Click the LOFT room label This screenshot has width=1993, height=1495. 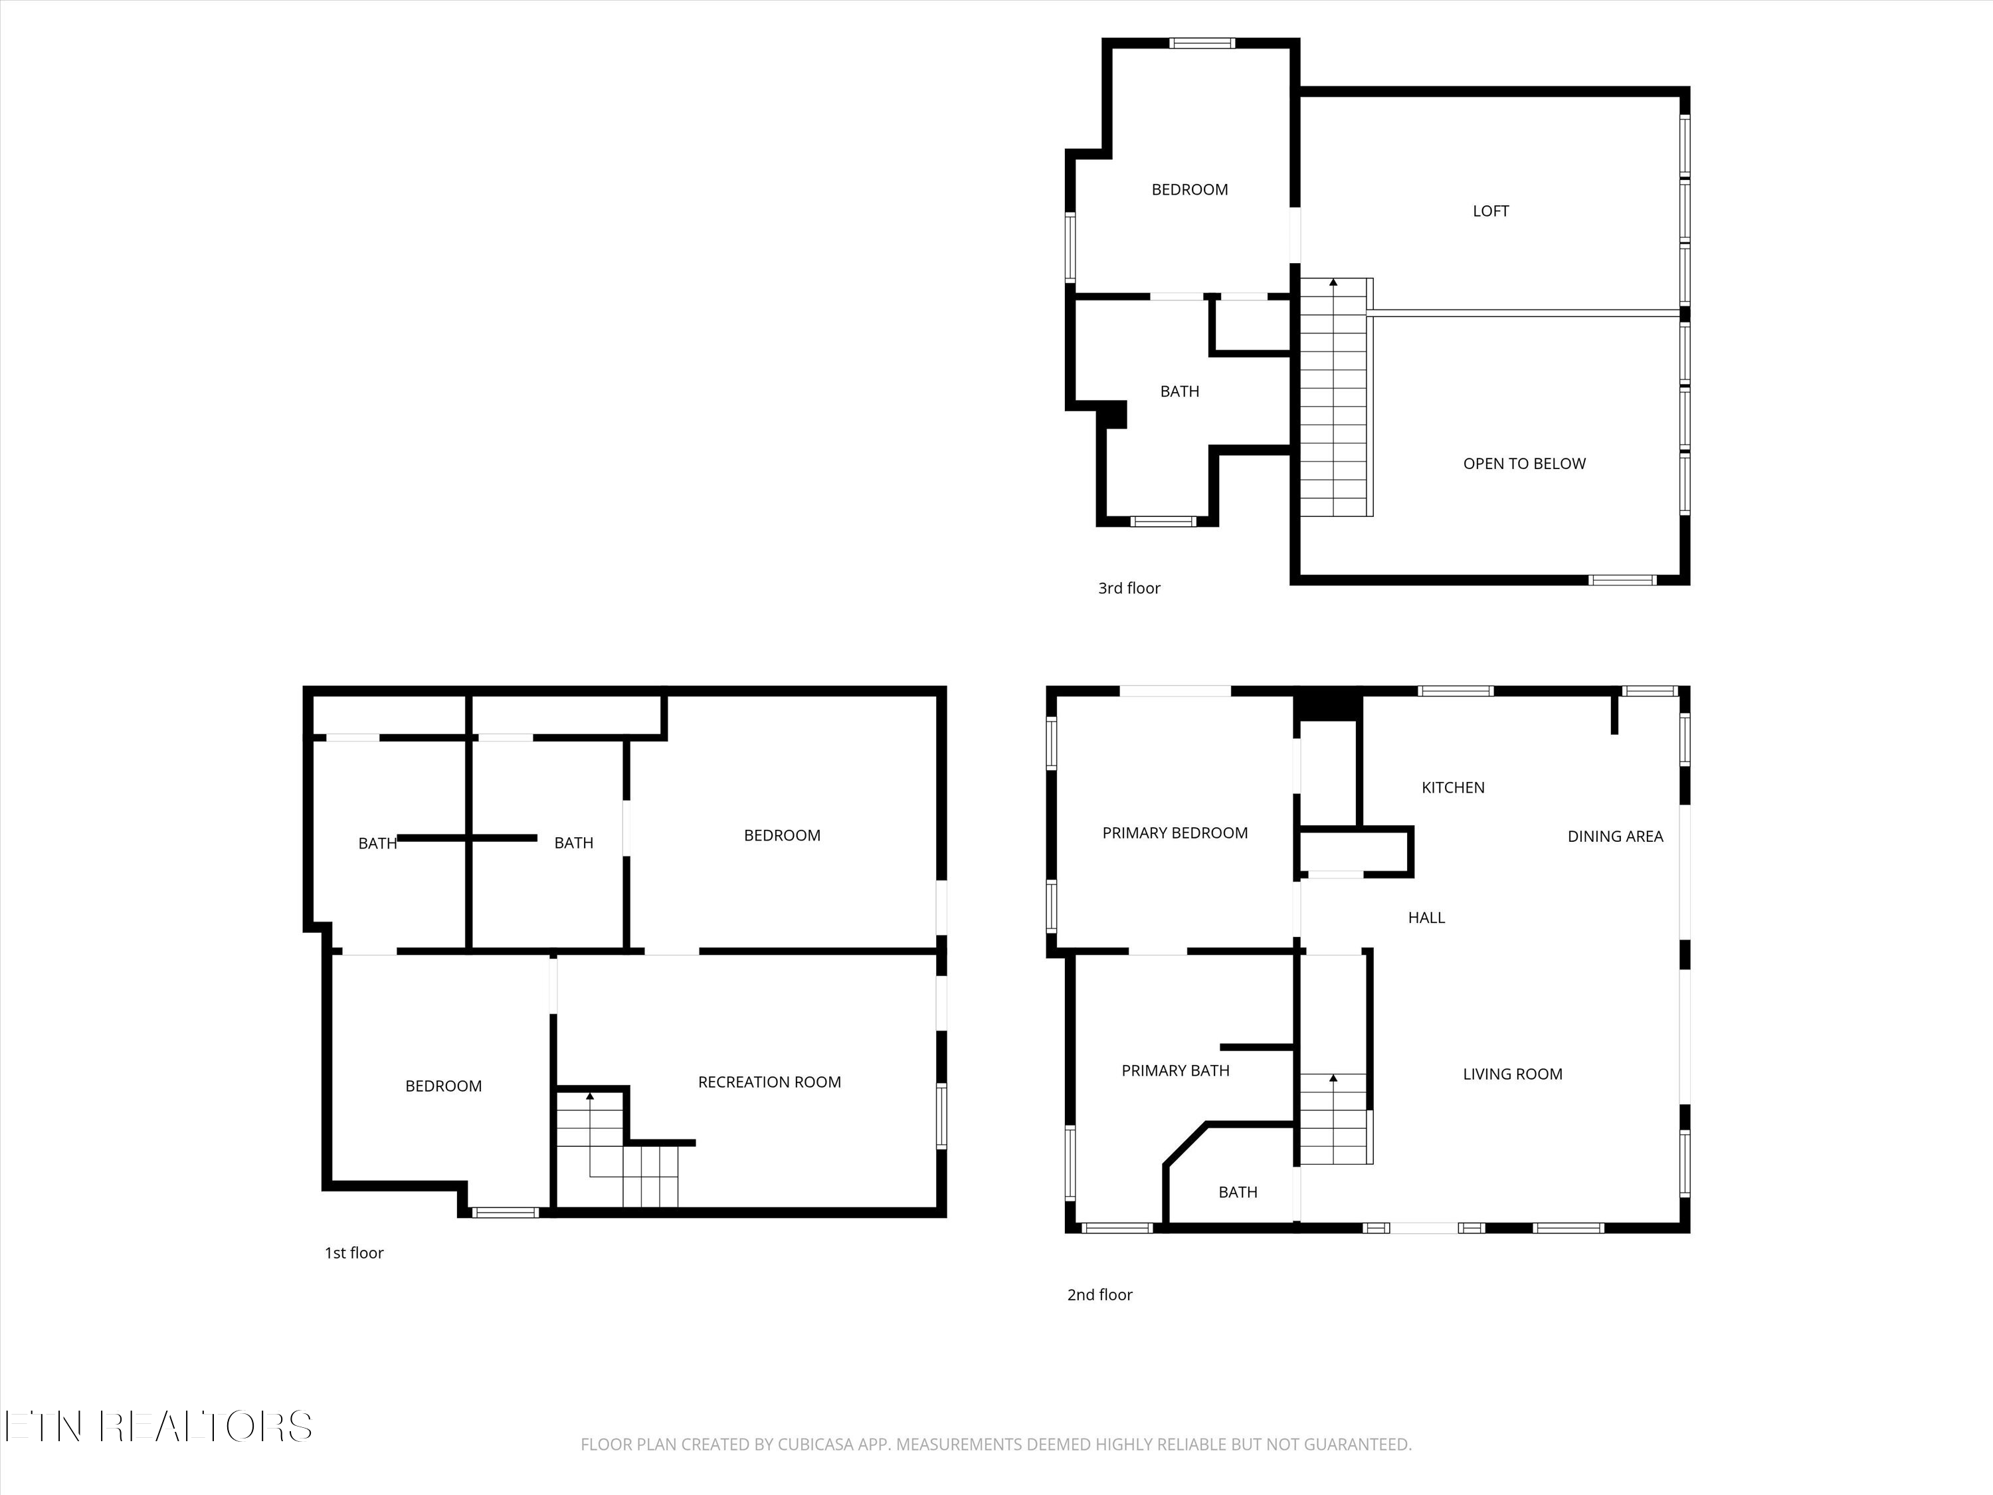(1490, 211)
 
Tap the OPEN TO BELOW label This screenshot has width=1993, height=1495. (1523, 463)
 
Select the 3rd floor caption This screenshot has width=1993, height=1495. (1129, 587)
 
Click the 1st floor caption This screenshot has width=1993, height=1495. (354, 1252)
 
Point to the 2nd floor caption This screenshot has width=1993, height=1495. (1099, 1294)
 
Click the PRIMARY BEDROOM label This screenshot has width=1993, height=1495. (1175, 833)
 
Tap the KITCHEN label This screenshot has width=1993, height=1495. (1452, 787)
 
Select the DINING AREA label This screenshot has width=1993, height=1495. (1614, 837)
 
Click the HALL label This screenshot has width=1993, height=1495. (1426, 918)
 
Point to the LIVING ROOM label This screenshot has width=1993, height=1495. (1512, 1073)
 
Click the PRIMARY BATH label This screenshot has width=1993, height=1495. (1175, 1070)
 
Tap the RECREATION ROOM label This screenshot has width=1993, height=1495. (769, 1081)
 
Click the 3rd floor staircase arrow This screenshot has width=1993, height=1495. (1333, 283)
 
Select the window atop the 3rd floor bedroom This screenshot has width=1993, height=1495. (1202, 43)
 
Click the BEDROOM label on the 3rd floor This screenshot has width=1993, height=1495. (1189, 189)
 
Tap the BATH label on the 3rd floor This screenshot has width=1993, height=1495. (1179, 391)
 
